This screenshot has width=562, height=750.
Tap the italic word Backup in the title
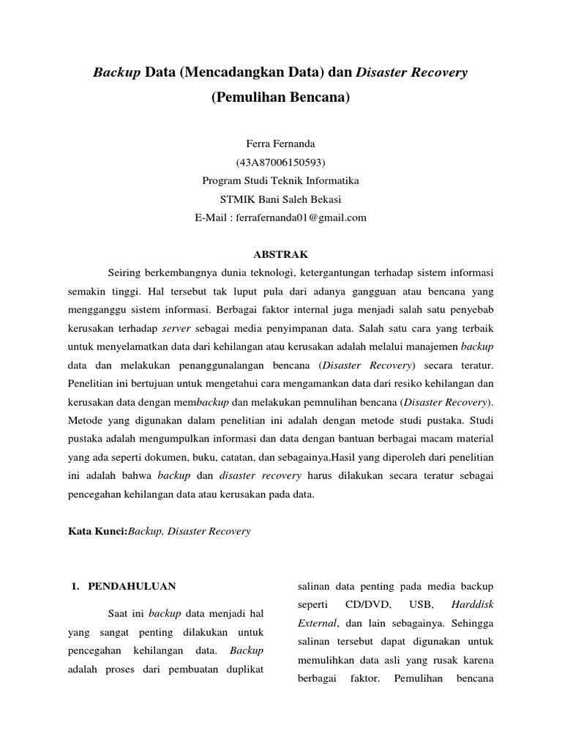pyautogui.click(x=116, y=73)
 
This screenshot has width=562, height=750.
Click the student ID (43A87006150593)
pyautogui.click(x=280, y=161)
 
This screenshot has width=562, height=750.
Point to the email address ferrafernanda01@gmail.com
pyautogui.click(x=301, y=218)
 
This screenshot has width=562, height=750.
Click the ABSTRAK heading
pyautogui.click(x=280, y=255)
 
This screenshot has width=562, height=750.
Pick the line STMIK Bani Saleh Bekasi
pyautogui.click(x=280, y=198)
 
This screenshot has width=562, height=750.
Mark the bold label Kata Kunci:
pyautogui.click(x=97, y=532)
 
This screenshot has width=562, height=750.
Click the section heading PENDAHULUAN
pyautogui.click(x=131, y=587)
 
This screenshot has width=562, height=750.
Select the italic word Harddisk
pyautogui.click(x=473, y=606)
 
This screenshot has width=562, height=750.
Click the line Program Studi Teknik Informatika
pyautogui.click(x=280, y=180)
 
